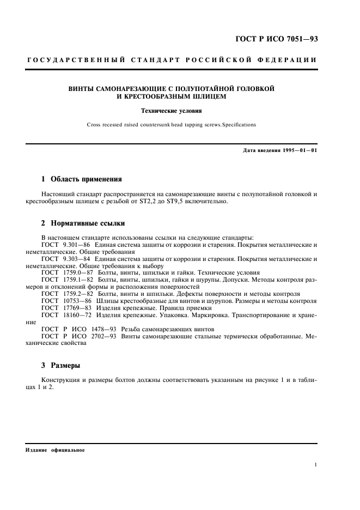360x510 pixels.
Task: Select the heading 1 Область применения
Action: (82, 178)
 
